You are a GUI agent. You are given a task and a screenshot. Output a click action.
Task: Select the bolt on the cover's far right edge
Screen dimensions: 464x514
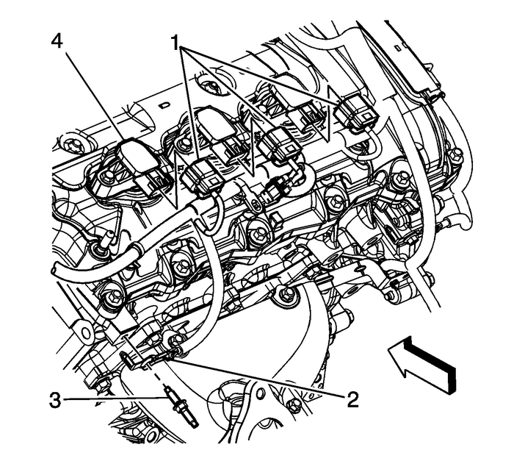point(457,154)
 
